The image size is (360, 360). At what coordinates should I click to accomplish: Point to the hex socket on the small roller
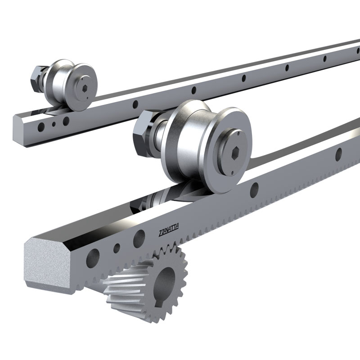[x=85, y=88]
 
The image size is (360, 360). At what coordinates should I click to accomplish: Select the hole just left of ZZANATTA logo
[x=139, y=239]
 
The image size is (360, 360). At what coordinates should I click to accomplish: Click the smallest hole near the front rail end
[x=117, y=248]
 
